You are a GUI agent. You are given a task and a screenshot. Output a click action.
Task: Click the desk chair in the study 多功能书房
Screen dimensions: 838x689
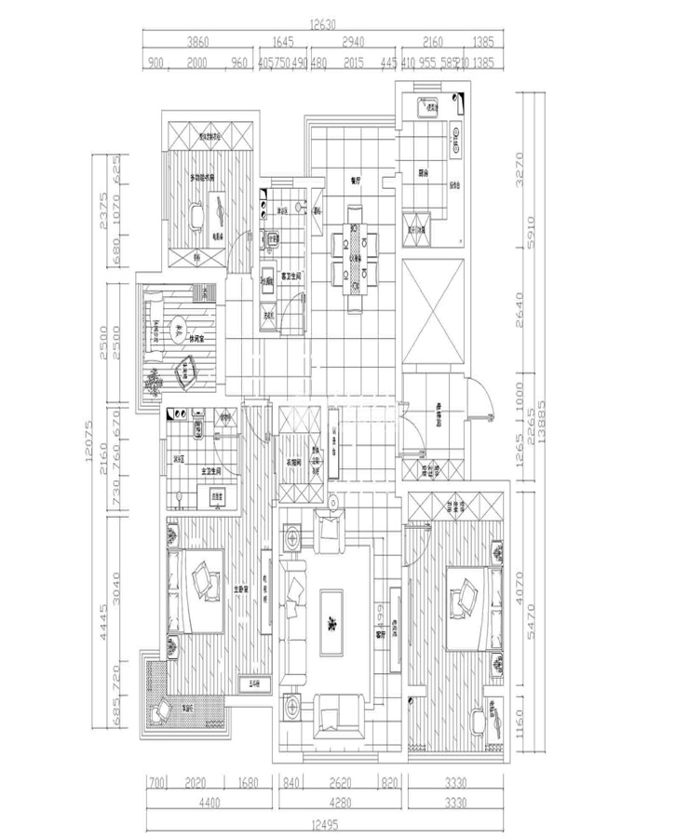pos(197,216)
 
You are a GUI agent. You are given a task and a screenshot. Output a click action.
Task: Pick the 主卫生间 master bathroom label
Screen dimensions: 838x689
pos(215,472)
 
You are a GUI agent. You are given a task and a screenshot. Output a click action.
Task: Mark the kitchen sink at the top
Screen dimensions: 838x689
pos(433,107)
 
